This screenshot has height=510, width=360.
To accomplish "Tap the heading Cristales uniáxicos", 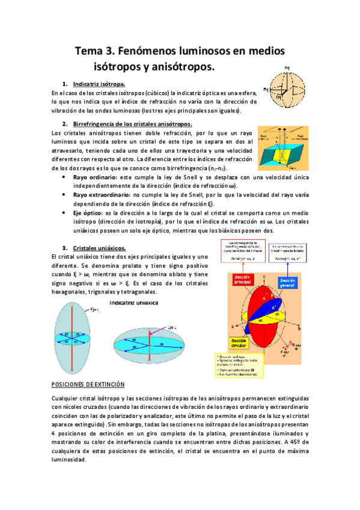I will click(99, 248).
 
